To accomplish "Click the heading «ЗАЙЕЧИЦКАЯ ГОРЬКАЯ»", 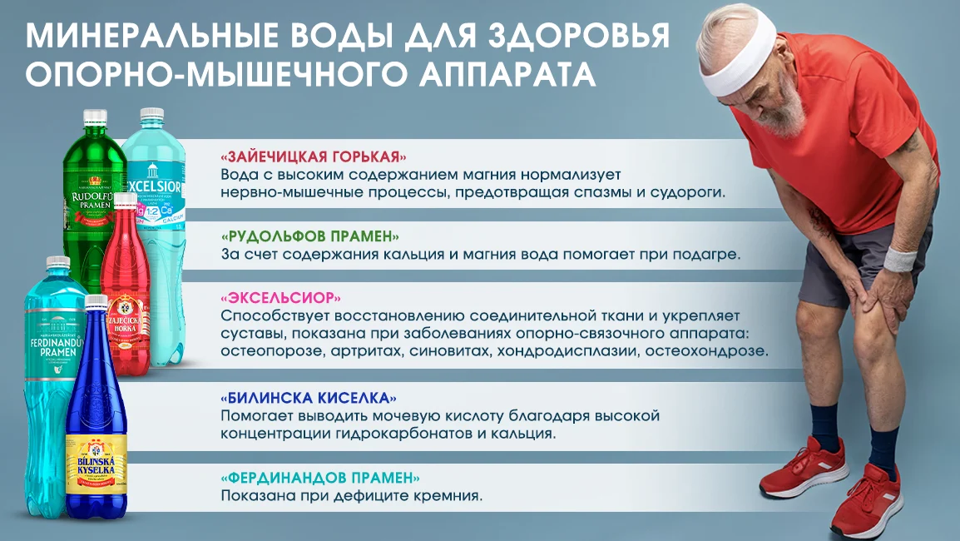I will tap(314, 157).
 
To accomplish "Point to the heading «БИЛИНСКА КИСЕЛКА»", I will tap(309, 397).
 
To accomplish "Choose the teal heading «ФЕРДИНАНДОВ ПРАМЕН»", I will tap(320, 479).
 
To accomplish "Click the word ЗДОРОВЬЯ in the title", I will tap(574, 36).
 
